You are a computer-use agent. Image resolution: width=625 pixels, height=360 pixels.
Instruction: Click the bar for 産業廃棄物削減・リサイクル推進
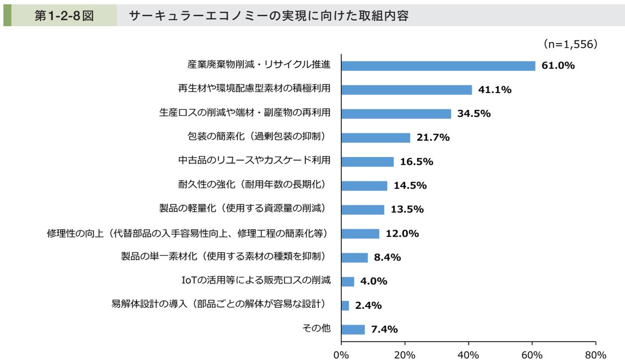[438, 66]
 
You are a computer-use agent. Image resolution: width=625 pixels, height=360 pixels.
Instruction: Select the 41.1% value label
[495, 90]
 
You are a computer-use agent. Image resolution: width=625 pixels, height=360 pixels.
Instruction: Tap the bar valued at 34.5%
[396, 113]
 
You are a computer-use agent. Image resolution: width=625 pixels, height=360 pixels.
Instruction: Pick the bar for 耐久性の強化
[364, 185]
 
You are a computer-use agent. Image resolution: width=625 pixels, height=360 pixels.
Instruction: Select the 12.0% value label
[402, 233]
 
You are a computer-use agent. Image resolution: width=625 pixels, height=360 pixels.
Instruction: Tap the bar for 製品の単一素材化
[355, 257]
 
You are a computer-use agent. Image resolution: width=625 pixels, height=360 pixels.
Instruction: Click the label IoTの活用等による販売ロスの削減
[256, 281]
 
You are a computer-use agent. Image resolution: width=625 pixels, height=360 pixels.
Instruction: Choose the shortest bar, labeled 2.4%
[345, 305]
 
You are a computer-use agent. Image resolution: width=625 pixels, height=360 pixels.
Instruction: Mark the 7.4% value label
[384, 329]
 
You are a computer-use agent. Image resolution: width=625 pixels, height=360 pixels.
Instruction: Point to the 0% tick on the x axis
[341, 355]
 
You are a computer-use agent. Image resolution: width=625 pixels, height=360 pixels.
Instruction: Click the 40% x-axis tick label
[468, 355]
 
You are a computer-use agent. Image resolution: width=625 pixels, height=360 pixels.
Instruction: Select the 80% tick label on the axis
[595, 355]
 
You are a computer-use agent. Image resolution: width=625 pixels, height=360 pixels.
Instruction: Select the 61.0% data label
[558, 66]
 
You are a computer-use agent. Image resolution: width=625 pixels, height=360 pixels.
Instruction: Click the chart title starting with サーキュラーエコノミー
[268, 16]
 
